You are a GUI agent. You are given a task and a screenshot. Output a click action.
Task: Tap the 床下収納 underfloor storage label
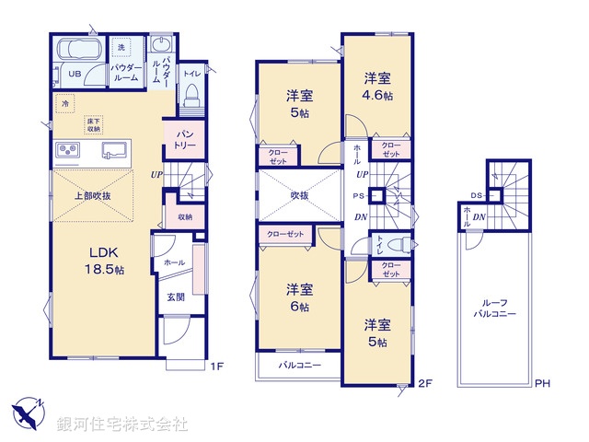coord(94,125)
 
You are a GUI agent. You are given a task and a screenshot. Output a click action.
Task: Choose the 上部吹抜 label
coord(93,196)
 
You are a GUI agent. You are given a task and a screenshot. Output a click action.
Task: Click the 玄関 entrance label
coord(176,297)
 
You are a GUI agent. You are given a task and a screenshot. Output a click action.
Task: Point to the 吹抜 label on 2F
coord(300,195)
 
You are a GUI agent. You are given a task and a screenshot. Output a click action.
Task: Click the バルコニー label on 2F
coord(300,366)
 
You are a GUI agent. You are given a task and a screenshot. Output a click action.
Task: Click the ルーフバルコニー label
coord(498,308)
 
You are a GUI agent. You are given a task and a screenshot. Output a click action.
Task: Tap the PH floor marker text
coord(542,384)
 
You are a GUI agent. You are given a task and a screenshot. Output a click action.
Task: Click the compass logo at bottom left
coord(28,412)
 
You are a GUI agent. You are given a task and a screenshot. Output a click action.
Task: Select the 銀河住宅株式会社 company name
coord(122,425)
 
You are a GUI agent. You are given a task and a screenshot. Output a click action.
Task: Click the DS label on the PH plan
coord(475,195)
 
